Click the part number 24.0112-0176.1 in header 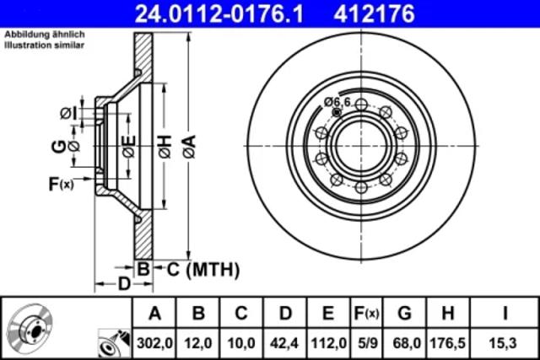(219, 13)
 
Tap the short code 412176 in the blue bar (375, 13)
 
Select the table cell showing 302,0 (154, 343)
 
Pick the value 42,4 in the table (284, 343)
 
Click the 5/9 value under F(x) (368, 343)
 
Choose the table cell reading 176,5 (447, 343)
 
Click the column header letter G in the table (405, 313)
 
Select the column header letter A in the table (154, 313)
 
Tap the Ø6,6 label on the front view (337, 102)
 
